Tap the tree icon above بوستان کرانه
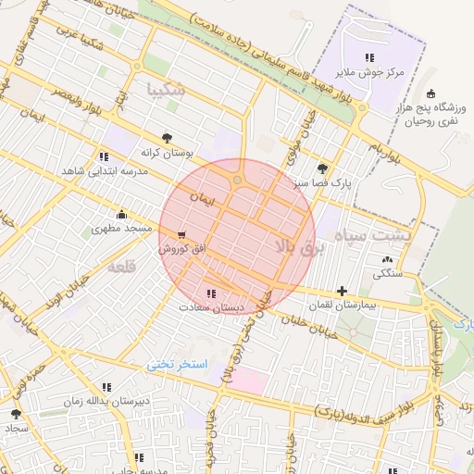pos(167,136)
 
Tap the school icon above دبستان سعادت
pos(212,293)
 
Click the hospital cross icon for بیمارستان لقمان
pos(343,291)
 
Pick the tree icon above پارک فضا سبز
pos(322,168)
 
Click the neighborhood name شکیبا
pos(167,90)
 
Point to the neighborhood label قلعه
pos(122,267)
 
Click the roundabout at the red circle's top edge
pos(238,179)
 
